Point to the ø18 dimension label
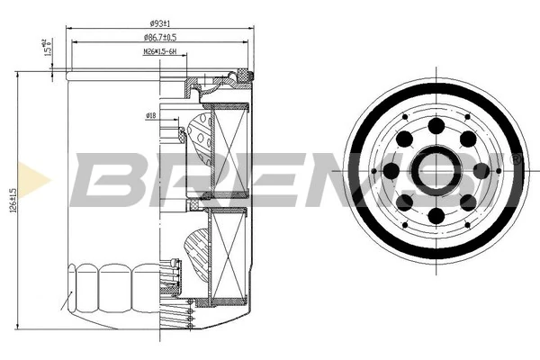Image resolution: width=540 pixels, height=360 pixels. click(x=150, y=116)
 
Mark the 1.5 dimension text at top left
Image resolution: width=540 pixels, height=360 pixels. click(x=45, y=47)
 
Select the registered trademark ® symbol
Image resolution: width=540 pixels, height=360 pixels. click(x=516, y=158)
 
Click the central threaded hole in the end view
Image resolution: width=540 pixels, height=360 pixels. click(x=436, y=170)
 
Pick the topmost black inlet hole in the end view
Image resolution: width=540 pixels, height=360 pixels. click(x=436, y=125)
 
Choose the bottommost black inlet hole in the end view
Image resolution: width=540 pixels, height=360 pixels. click(x=436, y=216)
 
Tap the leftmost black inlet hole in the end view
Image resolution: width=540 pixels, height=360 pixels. click(x=391, y=171)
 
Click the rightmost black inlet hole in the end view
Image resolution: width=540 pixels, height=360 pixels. click(x=481, y=170)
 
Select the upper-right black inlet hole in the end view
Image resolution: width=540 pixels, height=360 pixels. click(x=468, y=139)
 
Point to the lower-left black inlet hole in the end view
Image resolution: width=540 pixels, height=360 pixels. click(x=405, y=202)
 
